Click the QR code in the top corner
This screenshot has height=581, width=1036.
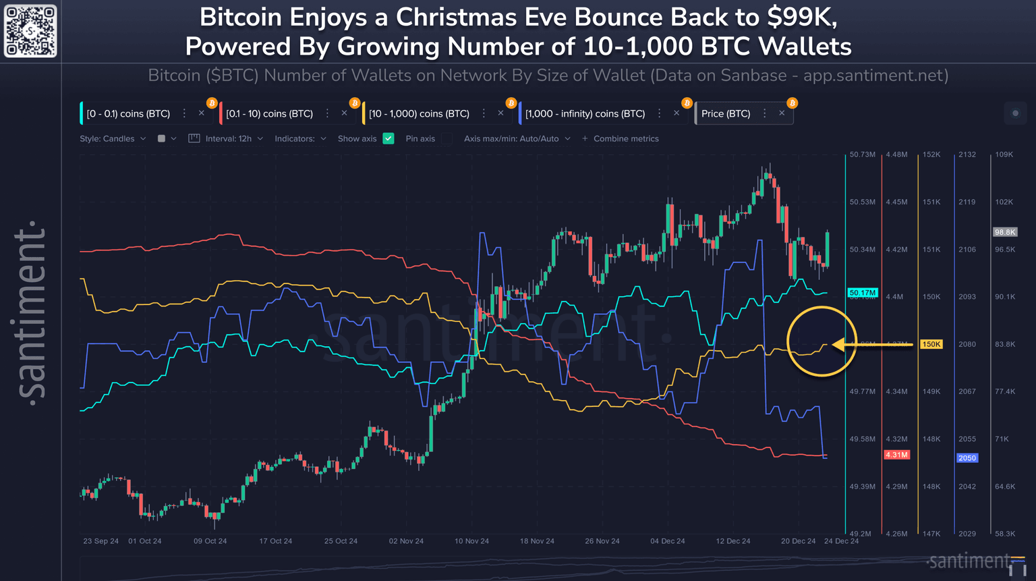coord(30,31)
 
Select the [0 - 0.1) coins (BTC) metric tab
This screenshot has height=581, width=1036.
coord(128,113)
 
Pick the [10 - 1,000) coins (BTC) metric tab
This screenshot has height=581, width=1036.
coord(419,113)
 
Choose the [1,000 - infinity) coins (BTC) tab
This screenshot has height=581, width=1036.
coord(585,113)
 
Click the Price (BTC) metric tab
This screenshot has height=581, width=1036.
coord(726,113)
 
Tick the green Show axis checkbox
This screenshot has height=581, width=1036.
coord(388,138)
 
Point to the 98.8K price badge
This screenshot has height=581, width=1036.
coord(1004,232)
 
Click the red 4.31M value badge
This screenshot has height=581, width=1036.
coord(896,455)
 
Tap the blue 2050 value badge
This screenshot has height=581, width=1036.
coord(967,458)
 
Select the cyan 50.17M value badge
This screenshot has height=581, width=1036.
coord(863,293)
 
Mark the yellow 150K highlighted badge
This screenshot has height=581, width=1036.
coord(931,344)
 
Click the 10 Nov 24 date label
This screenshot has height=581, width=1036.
coord(471,541)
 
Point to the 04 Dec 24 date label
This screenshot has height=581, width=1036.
coord(668,541)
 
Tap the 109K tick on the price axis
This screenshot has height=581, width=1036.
coord(1004,155)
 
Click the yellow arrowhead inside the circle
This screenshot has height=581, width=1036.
coord(839,345)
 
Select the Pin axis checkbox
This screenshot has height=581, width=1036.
coord(447,138)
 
